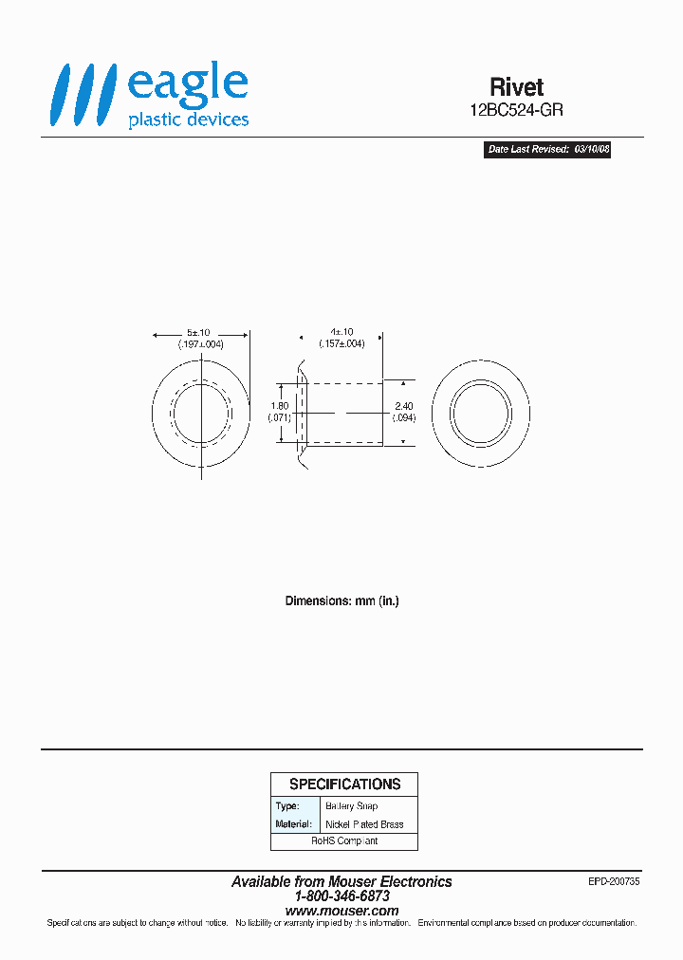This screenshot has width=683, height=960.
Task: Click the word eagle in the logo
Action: tap(187, 84)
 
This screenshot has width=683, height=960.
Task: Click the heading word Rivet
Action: tap(517, 87)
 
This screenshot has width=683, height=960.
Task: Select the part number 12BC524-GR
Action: tap(517, 110)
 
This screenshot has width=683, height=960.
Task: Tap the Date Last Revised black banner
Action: tap(547, 150)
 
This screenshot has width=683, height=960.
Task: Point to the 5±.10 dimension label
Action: tap(200, 333)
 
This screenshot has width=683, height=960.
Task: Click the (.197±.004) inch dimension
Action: tap(200, 344)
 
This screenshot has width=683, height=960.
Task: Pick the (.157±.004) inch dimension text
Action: tap(341, 343)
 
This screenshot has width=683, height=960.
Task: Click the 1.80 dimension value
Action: tap(278, 406)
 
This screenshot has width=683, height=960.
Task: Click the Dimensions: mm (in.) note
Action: tap(341, 601)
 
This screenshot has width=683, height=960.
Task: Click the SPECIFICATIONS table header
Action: tap(344, 785)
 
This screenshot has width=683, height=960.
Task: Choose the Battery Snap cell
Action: tap(351, 806)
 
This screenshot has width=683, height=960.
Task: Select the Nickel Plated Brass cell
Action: tap(364, 824)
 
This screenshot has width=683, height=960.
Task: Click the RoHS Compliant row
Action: tap(344, 841)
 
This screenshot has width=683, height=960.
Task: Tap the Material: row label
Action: tap(293, 824)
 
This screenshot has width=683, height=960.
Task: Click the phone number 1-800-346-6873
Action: tap(341, 896)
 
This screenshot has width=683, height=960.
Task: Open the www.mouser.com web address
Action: tap(341, 911)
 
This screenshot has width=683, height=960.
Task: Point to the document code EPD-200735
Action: tap(614, 881)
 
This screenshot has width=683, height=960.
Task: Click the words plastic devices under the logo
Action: tap(188, 120)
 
